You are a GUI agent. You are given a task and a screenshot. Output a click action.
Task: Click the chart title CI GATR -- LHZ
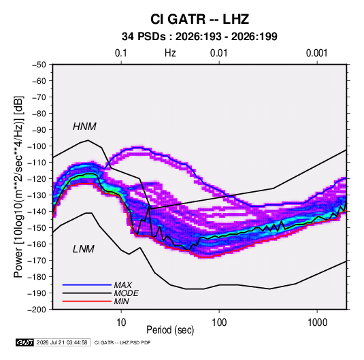click(x=199, y=19)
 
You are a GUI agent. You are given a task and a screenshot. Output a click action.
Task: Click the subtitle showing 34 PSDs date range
click(x=199, y=37)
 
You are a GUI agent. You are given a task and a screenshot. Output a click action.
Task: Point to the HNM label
click(x=84, y=127)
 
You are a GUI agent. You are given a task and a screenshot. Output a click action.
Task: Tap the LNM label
click(x=84, y=249)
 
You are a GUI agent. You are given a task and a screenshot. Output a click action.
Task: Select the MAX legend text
click(x=122, y=285)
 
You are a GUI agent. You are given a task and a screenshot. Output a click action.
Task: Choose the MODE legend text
click(x=126, y=293)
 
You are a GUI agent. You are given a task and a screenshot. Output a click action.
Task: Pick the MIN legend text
click(x=121, y=301)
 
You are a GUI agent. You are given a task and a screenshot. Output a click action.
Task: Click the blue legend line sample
click(x=87, y=285)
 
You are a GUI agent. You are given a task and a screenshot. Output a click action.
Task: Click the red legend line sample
click(x=87, y=301)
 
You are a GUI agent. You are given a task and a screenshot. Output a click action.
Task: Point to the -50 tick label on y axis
click(x=39, y=65)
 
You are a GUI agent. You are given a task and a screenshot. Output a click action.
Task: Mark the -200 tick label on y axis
click(x=37, y=310)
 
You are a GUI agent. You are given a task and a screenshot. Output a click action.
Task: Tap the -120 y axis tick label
click(x=37, y=179)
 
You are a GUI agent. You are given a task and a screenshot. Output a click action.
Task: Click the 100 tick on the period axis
click(x=219, y=323)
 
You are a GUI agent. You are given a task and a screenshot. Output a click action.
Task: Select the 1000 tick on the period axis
click(x=317, y=323)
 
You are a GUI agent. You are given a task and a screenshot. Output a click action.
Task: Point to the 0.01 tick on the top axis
click(x=218, y=53)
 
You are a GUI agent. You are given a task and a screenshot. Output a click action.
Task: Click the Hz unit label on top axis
click(x=170, y=53)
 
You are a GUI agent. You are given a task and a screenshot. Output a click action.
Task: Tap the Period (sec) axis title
click(x=170, y=330)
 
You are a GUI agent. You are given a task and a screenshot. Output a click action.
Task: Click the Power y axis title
click(x=18, y=187)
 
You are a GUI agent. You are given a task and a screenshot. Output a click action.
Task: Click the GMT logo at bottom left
click(x=24, y=342)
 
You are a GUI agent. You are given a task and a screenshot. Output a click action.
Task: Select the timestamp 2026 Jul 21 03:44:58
click(x=62, y=342)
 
